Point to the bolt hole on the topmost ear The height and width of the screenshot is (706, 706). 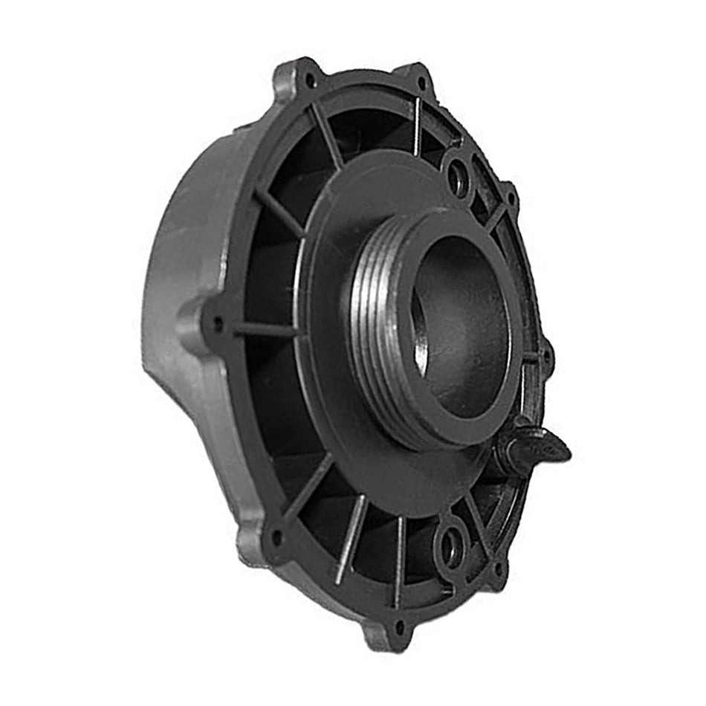tap(421, 82)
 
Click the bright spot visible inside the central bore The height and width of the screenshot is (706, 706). tap(421, 349)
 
